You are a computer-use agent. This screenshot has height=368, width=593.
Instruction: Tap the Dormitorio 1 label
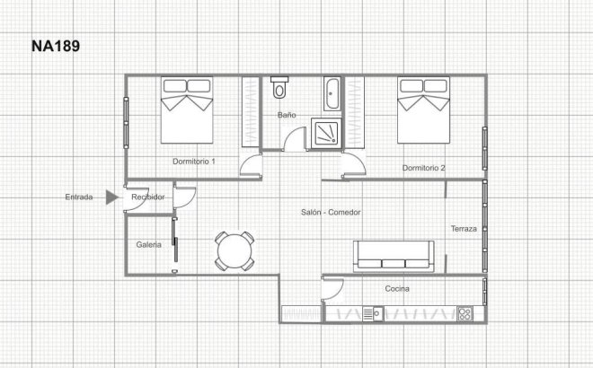click(194, 162)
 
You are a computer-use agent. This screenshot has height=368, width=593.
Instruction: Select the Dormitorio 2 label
click(424, 168)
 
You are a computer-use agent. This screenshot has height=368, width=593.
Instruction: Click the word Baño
click(287, 116)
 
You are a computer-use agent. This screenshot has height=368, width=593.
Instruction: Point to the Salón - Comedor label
click(332, 213)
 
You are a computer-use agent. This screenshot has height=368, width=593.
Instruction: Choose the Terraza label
click(464, 230)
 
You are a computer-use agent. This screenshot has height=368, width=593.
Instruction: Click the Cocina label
click(397, 289)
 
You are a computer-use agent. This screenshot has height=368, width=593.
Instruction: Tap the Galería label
click(148, 244)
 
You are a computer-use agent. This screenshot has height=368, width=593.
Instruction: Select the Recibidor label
click(148, 197)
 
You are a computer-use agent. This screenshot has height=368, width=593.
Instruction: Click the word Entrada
click(78, 197)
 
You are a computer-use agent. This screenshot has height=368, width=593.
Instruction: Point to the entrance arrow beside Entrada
click(111, 197)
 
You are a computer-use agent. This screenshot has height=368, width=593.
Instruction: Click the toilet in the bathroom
click(279, 89)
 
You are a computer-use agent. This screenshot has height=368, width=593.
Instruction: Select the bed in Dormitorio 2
click(424, 111)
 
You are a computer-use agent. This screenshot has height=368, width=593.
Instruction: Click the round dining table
click(235, 250)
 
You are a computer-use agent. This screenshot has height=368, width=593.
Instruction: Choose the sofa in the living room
click(395, 257)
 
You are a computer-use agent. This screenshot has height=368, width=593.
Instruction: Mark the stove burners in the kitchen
click(466, 313)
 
